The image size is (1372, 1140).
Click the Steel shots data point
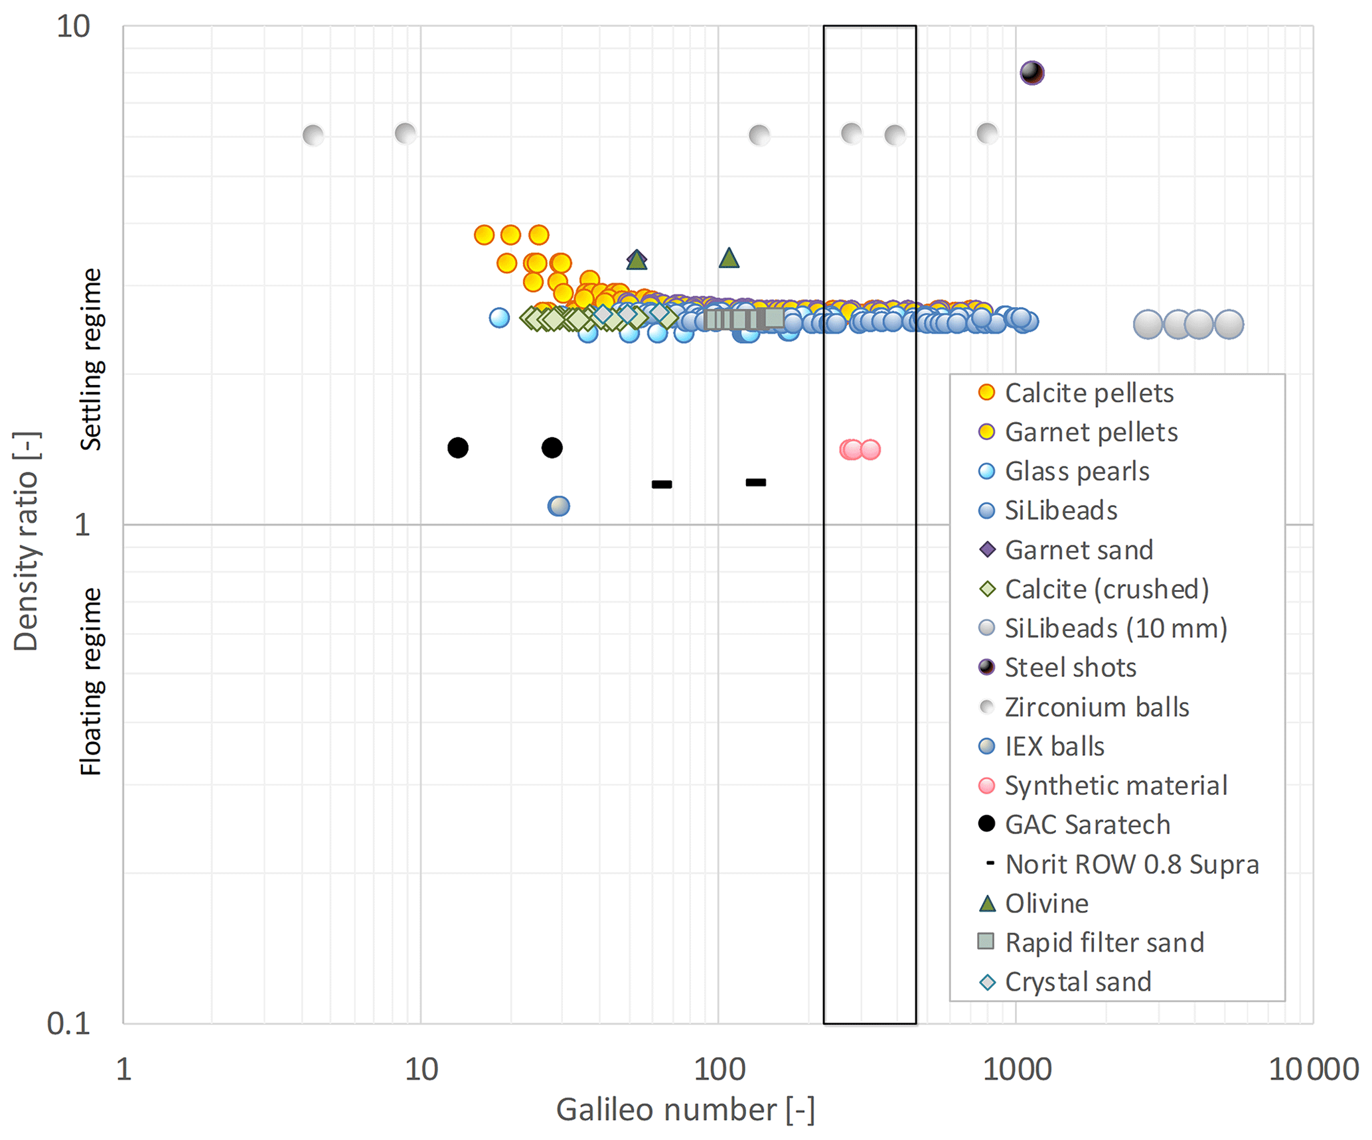pyautogui.click(x=1031, y=72)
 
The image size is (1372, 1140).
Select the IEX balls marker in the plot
pyautogui.click(x=559, y=506)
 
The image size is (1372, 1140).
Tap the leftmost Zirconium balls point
pyautogui.click(x=313, y=135)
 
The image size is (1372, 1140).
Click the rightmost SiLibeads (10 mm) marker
pyautogui.click(x=1229, y=324)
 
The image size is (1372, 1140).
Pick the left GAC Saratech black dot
pyautogui.click(x=457, y=448)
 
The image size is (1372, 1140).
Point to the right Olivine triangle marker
pyautogui.click(x=729, y=258)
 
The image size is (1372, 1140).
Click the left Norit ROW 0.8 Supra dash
pyautogui.click(x=662, y=484)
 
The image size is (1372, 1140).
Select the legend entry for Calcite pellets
pyautogui.click(x=1089, y=393)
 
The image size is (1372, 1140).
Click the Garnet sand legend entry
pyautogui.click(x=1079, y=550)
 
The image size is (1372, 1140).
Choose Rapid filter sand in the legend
pyautogui.click(x=1104, y=942)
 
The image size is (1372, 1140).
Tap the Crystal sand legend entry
pyautogui.click(x=1077, y=982)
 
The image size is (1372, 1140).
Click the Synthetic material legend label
pyautogui.click(x=1115, y=786)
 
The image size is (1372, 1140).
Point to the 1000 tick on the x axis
pyautogui.click(x=1016, y=1070)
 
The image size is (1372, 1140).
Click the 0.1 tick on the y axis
pyautogui.click(x=69, y=1024)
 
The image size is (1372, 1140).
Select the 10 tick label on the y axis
pyautogui.click(x=73, y=27)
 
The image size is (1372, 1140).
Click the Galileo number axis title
pyautogui.click(x=685, y=1110)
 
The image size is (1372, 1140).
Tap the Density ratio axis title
pyautogui.click(x=27, y=541)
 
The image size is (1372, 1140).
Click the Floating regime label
pyautogui.click(x=91, y=681)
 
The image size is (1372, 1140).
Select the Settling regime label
pyautogui.click(x=91, y=359)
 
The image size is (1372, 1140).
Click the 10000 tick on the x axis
pyautogui.click(x=1313, y=1070)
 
